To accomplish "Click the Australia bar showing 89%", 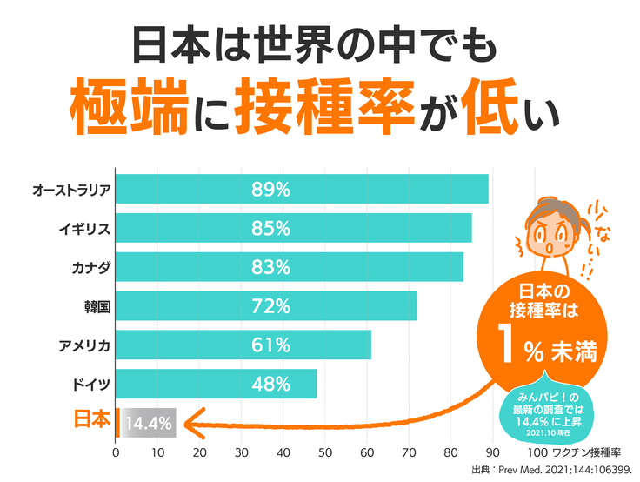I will pos(301,189).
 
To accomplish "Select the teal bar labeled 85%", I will pos(293,228).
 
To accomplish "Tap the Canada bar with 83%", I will pos(289,267).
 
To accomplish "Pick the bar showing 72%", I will pos(265,305).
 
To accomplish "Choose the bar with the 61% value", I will pos(243,345).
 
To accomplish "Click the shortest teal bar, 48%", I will pos(215,384).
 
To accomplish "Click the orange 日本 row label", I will pos(91,420).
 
